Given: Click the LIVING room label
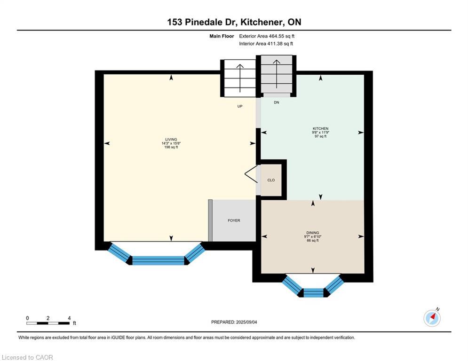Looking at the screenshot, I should (x=171, y=140).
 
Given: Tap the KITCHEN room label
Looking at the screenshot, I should (x=320, y=129).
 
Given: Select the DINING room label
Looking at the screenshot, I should (x=312, y=233).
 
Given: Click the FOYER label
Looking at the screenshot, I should (x=234, y=220).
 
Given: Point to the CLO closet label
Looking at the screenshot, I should (x=271, y=180).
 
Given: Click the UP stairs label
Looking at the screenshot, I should (x=239, y=106).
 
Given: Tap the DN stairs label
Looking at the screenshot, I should (x=277, y=102).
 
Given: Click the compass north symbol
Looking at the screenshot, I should (x=432, y=318).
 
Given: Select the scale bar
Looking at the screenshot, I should (x=48, y=323).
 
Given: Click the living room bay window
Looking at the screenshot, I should (x=158, y=260).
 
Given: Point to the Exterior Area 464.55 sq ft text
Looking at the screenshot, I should (x=267, y=36).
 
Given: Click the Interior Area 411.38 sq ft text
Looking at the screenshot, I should (x=266, y=44).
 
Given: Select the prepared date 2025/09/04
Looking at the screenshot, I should (x=234, y=322).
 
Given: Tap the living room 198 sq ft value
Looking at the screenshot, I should (x=171, y=147).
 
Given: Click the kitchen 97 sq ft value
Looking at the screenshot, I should (x=320, y=136).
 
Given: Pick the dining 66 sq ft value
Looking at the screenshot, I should (x=312, y=240).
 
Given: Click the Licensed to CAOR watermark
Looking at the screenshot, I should (x=28, y=357).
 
